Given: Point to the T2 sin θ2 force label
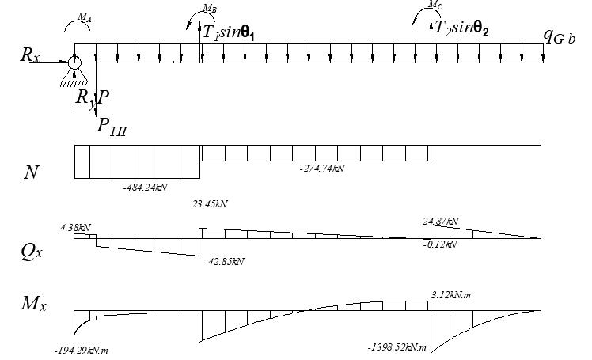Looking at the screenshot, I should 462,29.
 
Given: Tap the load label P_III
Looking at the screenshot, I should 111,126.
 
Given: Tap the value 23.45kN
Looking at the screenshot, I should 210,203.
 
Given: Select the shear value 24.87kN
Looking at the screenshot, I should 442,221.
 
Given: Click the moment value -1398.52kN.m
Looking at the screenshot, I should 398,347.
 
